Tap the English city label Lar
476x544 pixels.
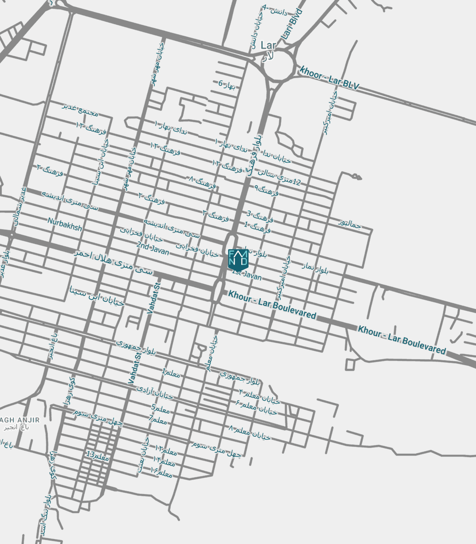268,45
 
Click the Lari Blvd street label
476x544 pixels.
293,25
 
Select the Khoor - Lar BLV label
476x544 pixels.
329,78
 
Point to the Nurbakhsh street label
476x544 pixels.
65,224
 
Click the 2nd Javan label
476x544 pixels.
153,248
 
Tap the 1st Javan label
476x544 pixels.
247,275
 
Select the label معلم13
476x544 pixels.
98,456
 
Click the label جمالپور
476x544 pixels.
350,223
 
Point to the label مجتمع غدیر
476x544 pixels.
80,109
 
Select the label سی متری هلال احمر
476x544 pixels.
113,262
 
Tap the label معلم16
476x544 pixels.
161,472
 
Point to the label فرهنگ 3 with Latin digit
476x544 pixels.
260,217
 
